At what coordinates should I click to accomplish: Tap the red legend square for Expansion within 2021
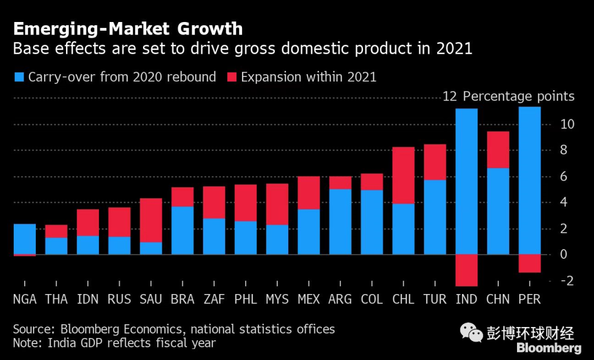(231, 77)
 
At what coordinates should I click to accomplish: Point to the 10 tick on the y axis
(567, 124)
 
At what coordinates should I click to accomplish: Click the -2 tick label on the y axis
(567, 281)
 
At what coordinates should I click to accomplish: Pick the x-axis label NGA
(25, 300)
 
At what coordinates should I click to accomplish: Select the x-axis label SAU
(151, 300)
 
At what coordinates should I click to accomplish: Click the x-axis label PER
(530, 300)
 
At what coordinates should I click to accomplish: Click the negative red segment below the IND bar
(466, 270)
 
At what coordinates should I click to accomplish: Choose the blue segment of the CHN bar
(498, 211)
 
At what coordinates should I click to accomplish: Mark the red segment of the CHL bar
(403, 175)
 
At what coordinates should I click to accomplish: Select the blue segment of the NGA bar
(25, 239)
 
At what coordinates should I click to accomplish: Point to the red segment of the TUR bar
(435, 162)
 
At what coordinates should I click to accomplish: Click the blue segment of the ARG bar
(340, 221)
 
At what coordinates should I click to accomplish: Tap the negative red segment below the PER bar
(530, 263)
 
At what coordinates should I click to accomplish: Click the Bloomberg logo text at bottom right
(548, 348)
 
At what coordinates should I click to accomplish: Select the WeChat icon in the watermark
(471, 332)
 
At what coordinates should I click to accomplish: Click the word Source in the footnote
(32, 329)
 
